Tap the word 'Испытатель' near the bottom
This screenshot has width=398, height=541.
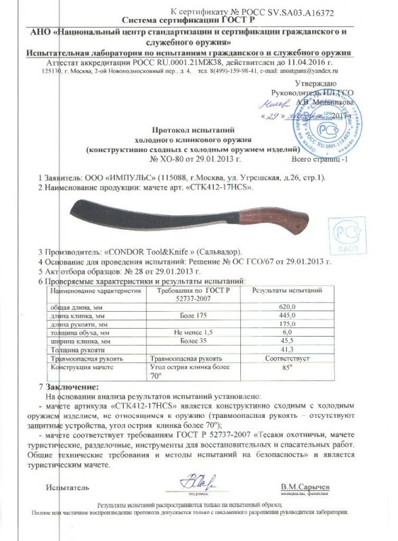[x=64, y=486]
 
